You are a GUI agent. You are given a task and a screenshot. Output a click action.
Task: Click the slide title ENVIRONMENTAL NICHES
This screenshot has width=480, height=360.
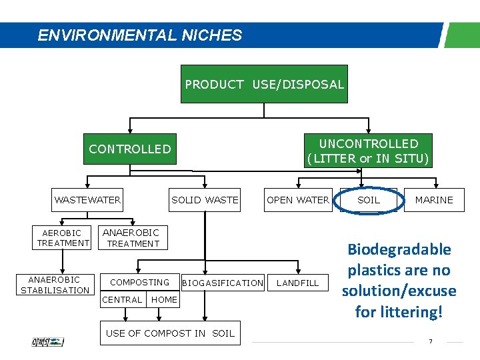click(139, 35)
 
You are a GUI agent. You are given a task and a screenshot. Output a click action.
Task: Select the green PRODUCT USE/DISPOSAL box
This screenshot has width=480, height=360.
click(264, 84)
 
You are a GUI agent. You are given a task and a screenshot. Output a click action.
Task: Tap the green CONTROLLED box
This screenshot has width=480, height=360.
click(130, 149)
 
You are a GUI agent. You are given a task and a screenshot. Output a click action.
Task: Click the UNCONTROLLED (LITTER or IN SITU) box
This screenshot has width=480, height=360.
click(368, 151)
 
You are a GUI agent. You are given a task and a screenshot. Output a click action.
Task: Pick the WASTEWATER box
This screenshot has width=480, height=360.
click(87, 200)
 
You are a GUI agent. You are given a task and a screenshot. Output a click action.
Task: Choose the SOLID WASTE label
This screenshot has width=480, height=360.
click(205, 200)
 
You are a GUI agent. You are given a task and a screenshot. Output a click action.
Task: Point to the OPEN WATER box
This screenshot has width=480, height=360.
click(297, 200)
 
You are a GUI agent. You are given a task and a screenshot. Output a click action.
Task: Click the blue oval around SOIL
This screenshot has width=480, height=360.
click(369, 200)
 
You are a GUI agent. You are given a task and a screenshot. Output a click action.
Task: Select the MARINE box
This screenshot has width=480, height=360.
click(433, 200)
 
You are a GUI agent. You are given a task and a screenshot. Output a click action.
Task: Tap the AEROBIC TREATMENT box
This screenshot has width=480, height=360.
click(62, 238)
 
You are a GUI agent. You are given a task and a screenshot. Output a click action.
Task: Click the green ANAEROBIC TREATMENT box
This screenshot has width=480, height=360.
click(133, 238)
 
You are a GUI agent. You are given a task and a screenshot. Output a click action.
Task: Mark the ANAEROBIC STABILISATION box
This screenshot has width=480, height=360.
click(55, 285)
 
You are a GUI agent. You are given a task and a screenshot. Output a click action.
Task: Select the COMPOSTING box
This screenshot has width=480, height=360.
click(139, 282)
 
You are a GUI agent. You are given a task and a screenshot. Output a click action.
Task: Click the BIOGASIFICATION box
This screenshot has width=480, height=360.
click(223, 283)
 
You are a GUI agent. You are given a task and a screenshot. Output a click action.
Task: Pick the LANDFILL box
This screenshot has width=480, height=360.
click(297, 283)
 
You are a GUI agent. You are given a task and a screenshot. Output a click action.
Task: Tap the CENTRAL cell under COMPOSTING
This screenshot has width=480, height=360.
click(123, 300)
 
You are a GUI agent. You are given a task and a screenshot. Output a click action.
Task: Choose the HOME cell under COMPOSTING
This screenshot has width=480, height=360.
click(164, 300)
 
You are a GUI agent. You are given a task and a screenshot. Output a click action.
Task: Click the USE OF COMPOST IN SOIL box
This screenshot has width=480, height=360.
click(170, 333)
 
